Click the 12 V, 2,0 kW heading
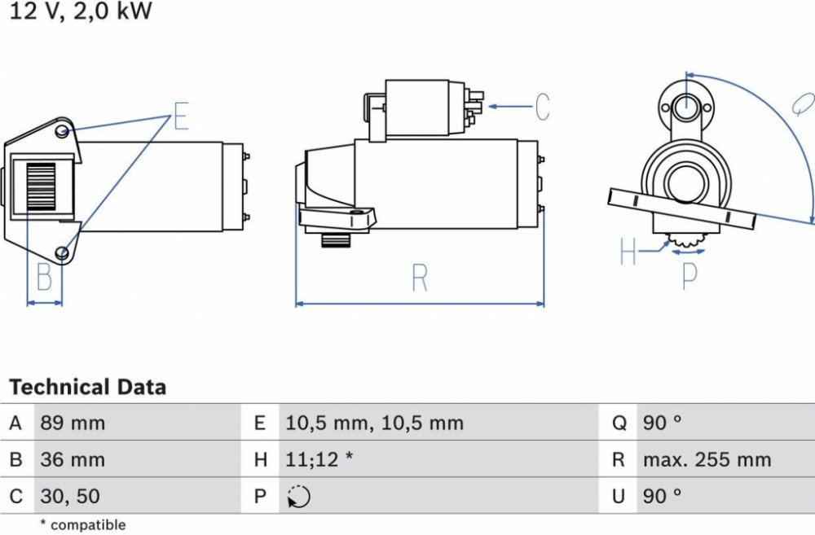[81, 11]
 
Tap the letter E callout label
[181, 117]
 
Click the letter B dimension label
[45, 278]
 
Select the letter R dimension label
[420, 278]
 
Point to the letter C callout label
[542, 107]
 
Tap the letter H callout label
[628, 252]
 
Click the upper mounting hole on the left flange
[63, 130]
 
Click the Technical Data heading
[87, 387]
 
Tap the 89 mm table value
[73, 423]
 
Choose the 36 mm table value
[73, 460]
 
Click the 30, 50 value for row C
[70, 496]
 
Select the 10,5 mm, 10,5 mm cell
[374, 423]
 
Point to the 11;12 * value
[319, 460]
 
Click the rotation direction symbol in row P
[299, 496]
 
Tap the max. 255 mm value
[707, 460]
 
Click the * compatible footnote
[83, 525]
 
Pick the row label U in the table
[619, 496]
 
